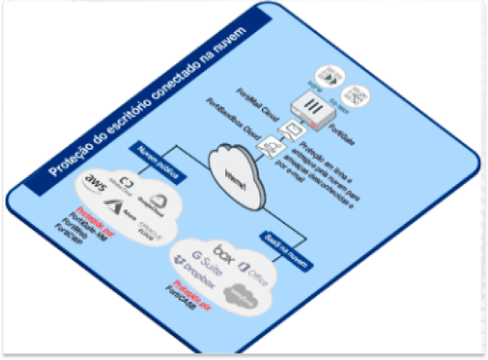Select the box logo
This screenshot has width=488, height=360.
(x=224, y=256)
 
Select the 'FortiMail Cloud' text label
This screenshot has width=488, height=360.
(x=256, y=112)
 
